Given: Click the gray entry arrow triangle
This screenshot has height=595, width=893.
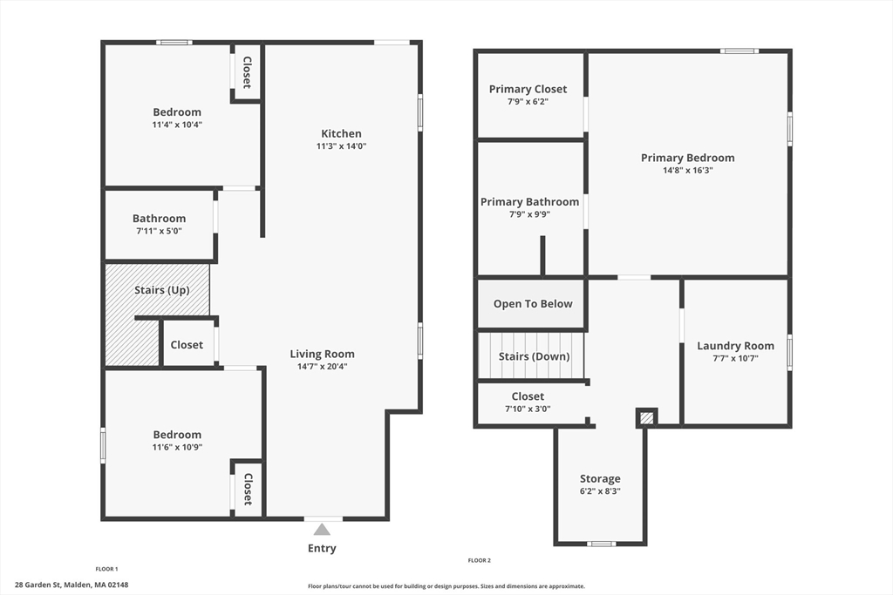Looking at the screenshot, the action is pos(322,531).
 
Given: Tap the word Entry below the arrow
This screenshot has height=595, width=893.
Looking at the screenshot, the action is pos(322,548).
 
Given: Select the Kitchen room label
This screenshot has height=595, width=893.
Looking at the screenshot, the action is pos(341,133).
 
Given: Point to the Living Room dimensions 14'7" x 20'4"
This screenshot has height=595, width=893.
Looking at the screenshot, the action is pos(323,367).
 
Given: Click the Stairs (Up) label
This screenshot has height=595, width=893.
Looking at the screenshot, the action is pos(161,290).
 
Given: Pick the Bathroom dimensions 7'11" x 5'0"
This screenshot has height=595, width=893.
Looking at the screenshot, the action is pos(159,231).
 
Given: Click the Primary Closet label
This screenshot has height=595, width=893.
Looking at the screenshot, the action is pos(528,90).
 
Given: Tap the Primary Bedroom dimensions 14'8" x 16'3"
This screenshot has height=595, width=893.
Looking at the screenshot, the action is pos(688,170).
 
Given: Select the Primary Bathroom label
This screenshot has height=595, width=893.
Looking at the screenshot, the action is pos(529,202).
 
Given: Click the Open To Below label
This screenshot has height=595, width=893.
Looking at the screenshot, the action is pos(533,304).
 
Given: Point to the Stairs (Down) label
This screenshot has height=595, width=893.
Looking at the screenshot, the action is pos(535,356).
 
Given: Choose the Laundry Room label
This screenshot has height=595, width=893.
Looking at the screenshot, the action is pos(736,346).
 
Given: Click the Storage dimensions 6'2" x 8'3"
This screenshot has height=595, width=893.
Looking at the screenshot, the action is pos(600,491).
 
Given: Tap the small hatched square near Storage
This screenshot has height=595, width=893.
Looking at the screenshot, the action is pos(646,418).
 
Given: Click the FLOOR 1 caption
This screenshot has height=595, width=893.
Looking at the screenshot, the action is pos(106,569).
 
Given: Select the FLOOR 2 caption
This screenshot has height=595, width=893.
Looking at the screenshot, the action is pos(480,560).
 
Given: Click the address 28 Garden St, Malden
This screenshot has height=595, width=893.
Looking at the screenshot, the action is pos(72,585).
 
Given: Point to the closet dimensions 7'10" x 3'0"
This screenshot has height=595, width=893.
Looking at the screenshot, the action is pos(528,409).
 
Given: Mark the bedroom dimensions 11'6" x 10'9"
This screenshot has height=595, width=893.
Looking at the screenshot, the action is pos(177,447).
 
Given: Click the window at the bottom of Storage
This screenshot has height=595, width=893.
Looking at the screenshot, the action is pos(602,544).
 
